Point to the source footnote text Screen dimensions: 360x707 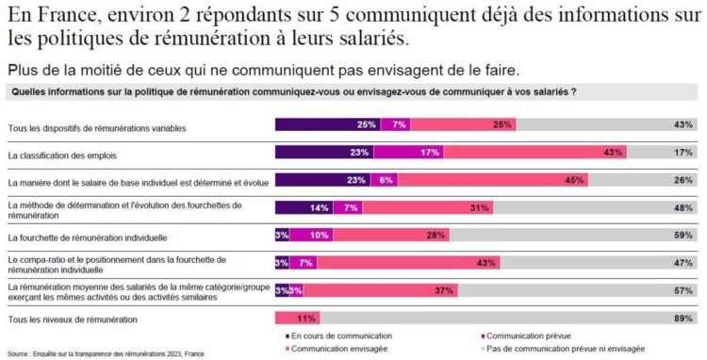pyautogui.click(x=104, y=352)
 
